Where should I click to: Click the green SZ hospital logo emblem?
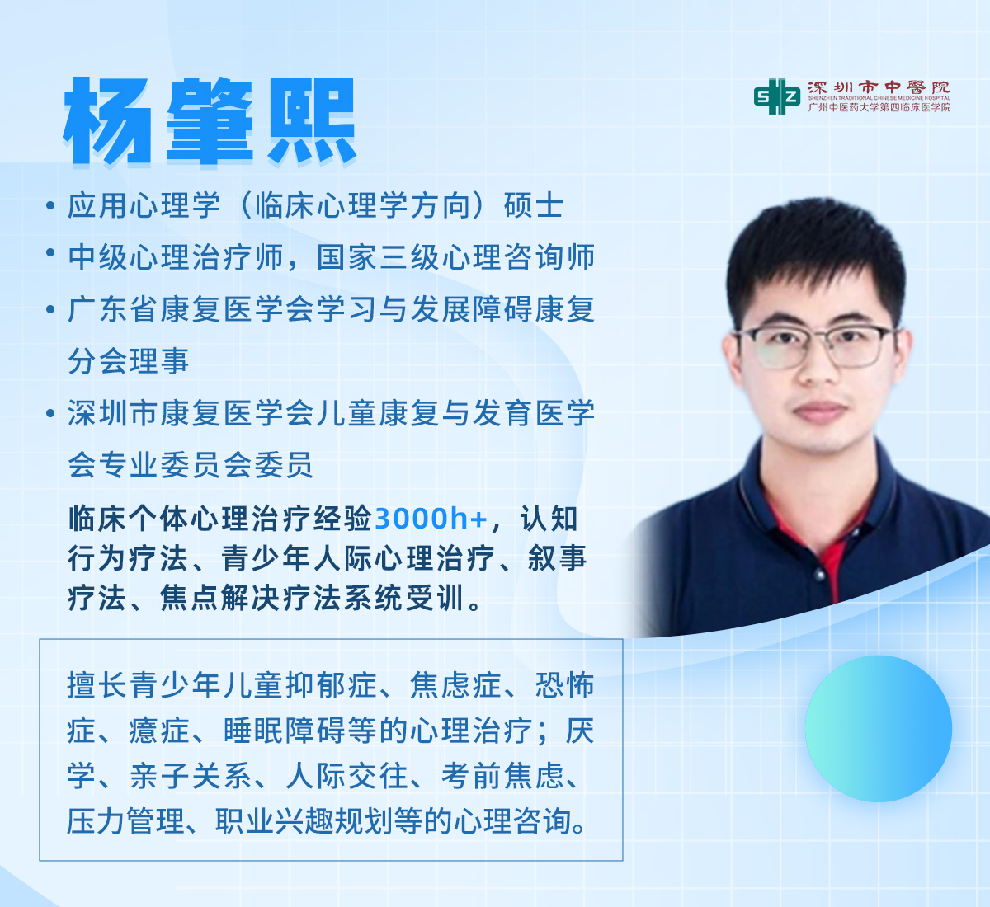coord(777,96)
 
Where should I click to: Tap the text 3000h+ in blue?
coord(431,519)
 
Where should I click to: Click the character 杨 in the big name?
coord(106,121)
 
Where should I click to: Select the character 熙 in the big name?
coord(312,121)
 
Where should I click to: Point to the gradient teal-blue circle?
coord(879,728)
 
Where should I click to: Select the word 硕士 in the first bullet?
coord(534,205)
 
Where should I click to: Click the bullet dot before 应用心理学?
coord(49,205)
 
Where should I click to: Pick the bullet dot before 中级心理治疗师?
coord(49,252)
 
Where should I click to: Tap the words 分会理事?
coord(129,360)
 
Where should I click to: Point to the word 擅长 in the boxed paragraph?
coord(97,685)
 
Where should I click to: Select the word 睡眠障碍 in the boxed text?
coord(283,731)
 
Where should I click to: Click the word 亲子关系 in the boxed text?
coord(191,776)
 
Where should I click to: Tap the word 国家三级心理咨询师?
coord(455,257)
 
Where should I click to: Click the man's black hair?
coord(814,256)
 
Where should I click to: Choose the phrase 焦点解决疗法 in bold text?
coord(252,598)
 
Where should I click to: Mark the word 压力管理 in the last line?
coord(126,821)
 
